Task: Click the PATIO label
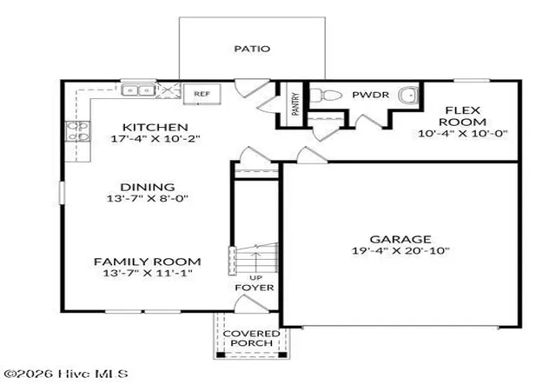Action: [x=252, y=49]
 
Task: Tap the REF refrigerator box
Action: [x=202, y=94]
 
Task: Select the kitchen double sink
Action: [x=138, y=90]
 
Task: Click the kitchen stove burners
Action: [x=78, y=131]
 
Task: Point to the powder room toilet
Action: [x=326, y=95]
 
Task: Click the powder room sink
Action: [x=409, y=95]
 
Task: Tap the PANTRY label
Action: [x=295, y=103]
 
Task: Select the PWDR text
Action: [x=371, y=95]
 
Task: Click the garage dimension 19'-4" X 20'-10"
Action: [x=400, y=250]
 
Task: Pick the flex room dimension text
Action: [x=463, y=134]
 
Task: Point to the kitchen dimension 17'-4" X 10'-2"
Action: [x=156, y=138]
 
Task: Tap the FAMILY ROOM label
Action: [x=148, y=262]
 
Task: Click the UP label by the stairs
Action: [x=255, y=277]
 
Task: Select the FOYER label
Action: [x=255, y=288]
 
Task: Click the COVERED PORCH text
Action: [x=251, y=338]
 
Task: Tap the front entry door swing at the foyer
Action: [x=251, y=304]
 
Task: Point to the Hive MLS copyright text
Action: [x=66, y=374]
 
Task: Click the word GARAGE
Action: [x=400, y=239]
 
